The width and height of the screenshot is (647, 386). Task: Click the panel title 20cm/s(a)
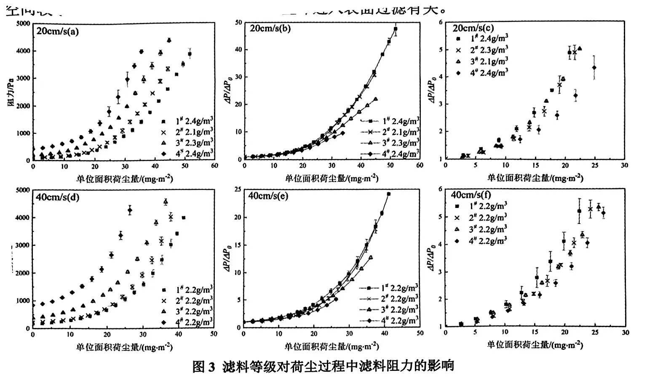coord(58,31)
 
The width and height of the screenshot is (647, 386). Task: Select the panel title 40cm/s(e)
coord(268,196)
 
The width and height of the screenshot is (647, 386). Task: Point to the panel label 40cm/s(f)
coord(471,195)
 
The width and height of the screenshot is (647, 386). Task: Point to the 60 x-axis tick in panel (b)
coord(420,165)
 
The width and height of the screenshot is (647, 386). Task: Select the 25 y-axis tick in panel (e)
coord(237,190)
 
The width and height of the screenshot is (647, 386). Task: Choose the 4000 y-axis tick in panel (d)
coord(23,218)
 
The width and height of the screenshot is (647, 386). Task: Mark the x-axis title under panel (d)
coord(124,347)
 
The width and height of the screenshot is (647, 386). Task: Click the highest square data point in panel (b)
coord(396,29)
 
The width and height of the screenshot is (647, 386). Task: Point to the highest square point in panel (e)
coord(388,194)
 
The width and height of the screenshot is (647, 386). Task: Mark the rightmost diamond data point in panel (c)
coord(594,67)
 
